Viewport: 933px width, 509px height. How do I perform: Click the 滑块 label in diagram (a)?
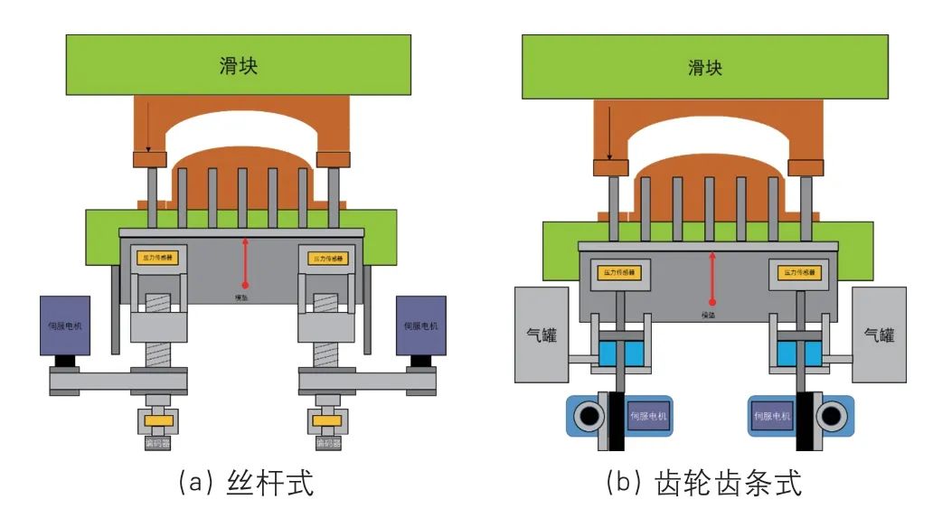239,66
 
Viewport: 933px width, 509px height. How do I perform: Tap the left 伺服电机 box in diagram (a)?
64,325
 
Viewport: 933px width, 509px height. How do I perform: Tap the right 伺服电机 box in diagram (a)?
420,325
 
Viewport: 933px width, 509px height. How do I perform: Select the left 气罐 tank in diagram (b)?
541,335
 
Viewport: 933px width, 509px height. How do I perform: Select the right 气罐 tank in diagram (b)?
879,335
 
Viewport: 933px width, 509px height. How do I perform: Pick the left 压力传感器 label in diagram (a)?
157,258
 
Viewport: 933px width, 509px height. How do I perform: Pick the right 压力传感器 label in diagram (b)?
801,272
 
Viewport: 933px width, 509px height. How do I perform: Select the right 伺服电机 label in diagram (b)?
772,416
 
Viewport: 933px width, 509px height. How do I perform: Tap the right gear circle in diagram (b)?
829,415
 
